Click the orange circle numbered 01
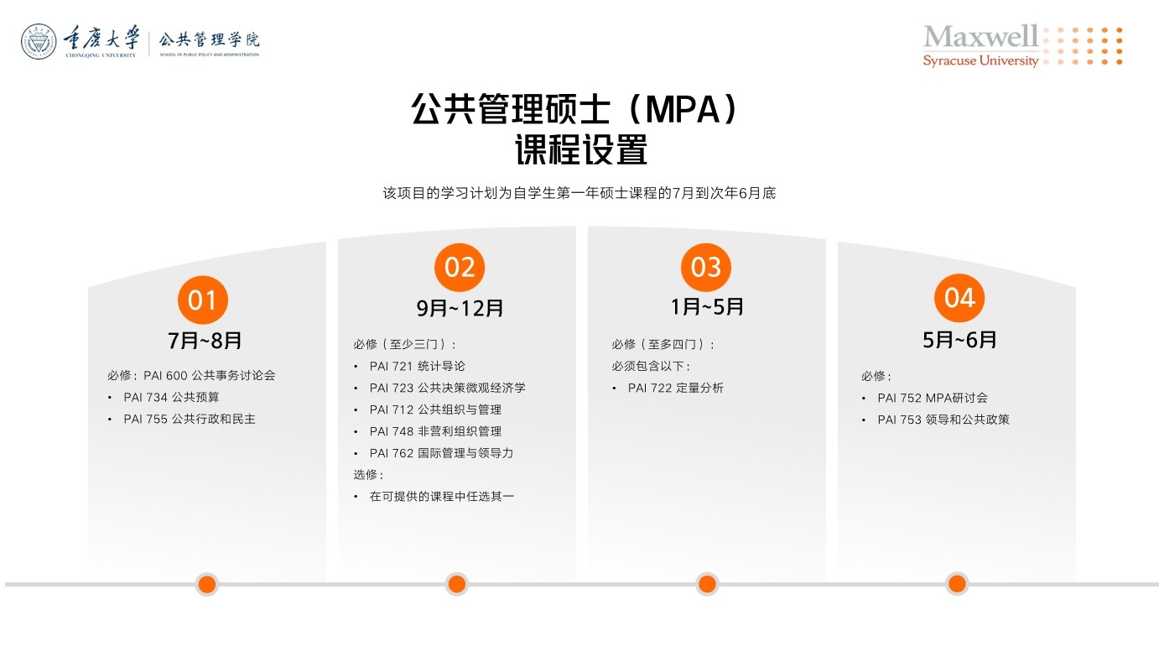tap(203, 300)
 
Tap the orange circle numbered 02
tap(460, 267)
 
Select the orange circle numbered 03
tap(706, 267)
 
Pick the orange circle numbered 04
tap(959, 298)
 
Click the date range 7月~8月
tap(205, 341)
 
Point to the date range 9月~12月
tap(460, 308)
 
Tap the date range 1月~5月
tap(707, 306)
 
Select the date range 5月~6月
tap(959, 340)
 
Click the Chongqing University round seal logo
tap(39, 41)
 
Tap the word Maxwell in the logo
tap(980, 36)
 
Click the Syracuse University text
tap(980, 60)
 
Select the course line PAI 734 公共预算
tap(171, 397)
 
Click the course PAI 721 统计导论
tap(417, 366)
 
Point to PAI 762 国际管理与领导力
tap(441, 453)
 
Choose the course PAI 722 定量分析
tap(675, 388)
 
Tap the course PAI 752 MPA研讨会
tap(933, 398)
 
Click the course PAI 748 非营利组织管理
tap(435, 431)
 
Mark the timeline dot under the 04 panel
tap(957, 584)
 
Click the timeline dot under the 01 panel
tap(207, 584)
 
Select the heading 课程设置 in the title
tap(580, 149)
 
